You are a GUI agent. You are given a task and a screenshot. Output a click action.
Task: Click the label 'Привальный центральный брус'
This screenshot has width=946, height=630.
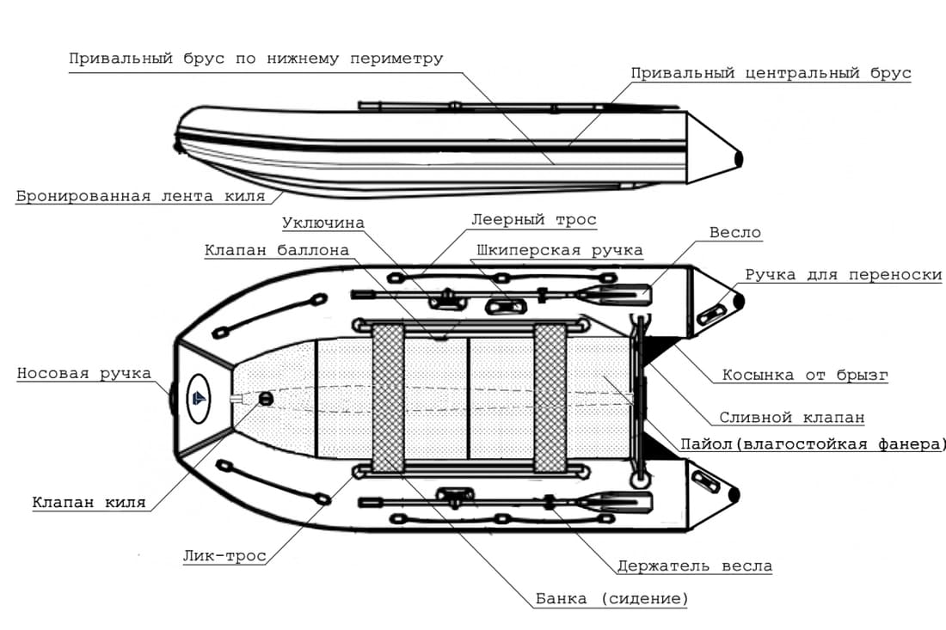(771, 73)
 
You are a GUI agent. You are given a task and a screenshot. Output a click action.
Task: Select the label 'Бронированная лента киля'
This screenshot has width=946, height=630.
(140, 196)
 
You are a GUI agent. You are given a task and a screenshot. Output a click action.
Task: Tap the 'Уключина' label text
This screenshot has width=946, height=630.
(323, 223)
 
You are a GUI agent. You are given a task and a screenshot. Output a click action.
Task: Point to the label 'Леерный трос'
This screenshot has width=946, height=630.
(533, 220)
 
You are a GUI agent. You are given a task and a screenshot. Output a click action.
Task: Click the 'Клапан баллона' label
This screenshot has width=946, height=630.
(277, 251)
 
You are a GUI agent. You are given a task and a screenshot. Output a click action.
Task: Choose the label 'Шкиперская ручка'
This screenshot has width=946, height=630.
(559, 251)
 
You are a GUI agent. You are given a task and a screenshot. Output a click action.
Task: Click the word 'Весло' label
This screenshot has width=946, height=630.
(735, 233)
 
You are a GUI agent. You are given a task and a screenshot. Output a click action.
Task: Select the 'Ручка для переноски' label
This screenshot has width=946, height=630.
(843, 275)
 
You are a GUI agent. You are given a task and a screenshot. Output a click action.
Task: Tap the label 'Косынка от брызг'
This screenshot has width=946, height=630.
(805, 376)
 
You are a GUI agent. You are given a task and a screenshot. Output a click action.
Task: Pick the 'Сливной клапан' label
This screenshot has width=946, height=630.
(791, 418)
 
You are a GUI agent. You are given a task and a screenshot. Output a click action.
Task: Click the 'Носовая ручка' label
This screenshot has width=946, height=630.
(83, 374)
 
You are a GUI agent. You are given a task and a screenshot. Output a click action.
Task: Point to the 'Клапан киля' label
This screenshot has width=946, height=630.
(89, 503)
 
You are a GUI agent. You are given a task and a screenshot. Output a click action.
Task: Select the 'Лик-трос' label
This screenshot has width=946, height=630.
(224, 556)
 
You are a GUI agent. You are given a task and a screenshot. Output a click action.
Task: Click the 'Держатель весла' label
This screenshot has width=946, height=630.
(694, 566)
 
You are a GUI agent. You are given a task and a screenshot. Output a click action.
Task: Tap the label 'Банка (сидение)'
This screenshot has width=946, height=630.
(611, 599)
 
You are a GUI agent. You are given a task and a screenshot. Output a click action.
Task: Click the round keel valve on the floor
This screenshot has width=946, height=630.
(265, 398)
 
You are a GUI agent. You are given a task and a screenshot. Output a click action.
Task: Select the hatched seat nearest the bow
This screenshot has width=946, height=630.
(388, 398)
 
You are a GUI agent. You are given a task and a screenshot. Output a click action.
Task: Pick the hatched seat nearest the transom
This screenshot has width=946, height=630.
(549, 398)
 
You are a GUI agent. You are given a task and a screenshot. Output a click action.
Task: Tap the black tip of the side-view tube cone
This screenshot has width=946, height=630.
(738, 157)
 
